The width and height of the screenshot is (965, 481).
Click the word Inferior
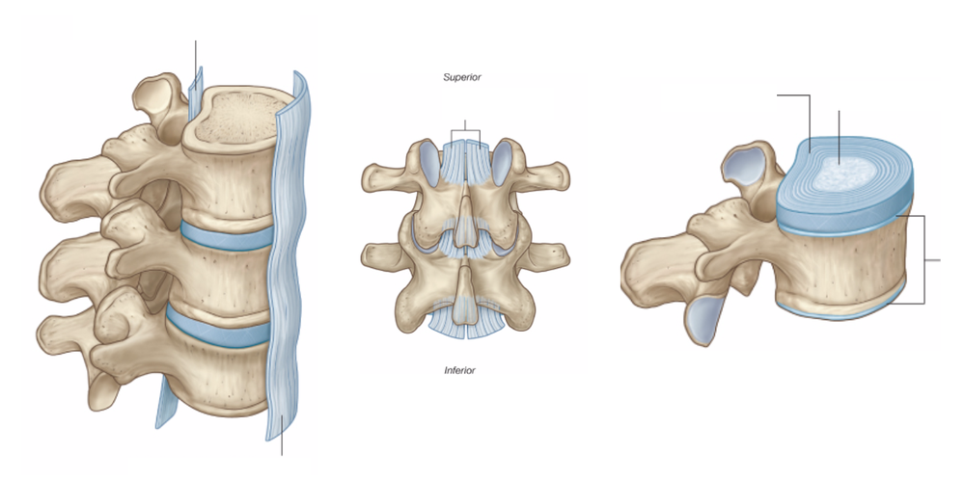pos(459,369)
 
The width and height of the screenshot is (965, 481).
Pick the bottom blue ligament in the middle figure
pos(463,318)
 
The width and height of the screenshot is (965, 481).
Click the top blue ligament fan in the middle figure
pos(464,164)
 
